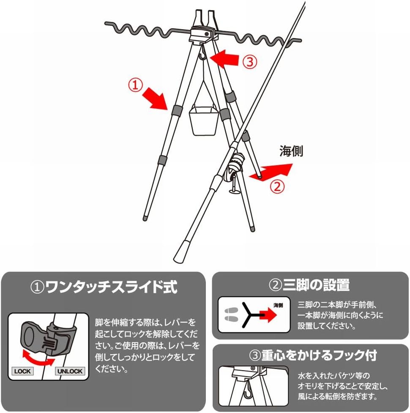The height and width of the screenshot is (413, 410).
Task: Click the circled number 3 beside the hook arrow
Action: coord(250,62)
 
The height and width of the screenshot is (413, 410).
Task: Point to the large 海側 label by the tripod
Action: coord(291,151)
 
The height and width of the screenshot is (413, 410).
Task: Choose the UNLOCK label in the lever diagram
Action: coord(70,371)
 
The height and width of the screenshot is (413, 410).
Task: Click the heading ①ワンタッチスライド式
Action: coord(104,287)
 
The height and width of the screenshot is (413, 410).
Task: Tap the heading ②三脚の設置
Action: coord(309,285)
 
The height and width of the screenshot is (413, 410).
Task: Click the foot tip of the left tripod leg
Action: coord(145,218)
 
